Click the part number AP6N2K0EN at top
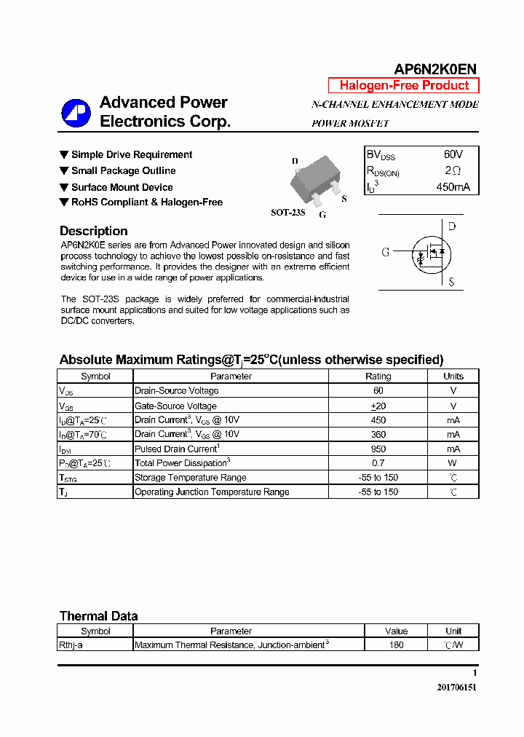435,69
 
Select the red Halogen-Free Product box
404,85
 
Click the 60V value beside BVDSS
453,154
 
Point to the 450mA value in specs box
453,187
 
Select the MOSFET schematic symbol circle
429,252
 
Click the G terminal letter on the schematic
386,252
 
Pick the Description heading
93,231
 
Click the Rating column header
378,377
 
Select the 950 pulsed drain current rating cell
378,449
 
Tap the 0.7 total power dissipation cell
378,463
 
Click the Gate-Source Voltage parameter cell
175,406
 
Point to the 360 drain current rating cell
378,434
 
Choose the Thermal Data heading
98,616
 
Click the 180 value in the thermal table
396,645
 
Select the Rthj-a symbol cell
71,645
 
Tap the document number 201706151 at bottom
456,687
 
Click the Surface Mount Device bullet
122,187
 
